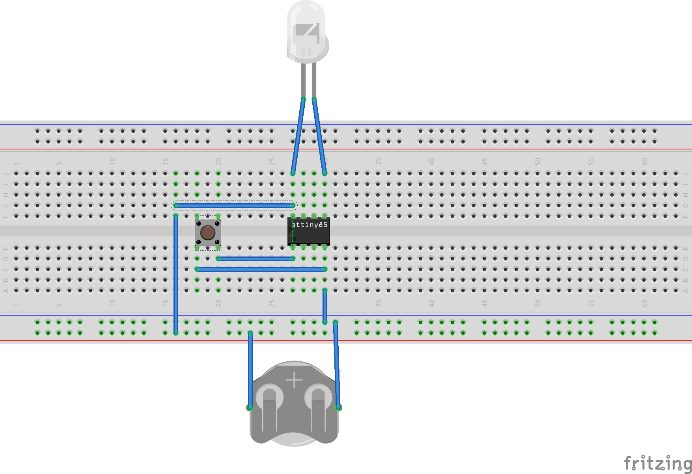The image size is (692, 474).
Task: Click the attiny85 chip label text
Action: [310, 225]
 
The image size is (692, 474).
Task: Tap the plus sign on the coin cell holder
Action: [294, 380]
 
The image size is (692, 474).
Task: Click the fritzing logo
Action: [658, 463]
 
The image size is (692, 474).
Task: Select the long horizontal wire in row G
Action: [234, 205]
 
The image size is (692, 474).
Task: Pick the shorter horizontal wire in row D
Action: [256, 258]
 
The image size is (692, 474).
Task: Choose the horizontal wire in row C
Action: [261, 269]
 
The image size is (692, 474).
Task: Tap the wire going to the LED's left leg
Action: [298, 136]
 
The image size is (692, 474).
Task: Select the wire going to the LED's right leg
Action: [319, 136]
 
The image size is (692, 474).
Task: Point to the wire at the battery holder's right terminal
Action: [337, 364]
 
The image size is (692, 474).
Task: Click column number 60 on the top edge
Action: [644, 162]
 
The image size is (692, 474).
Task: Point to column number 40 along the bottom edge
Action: [431, 303]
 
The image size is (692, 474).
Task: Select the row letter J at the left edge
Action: [6, 173]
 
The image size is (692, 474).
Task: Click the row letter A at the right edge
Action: [686, 290]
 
